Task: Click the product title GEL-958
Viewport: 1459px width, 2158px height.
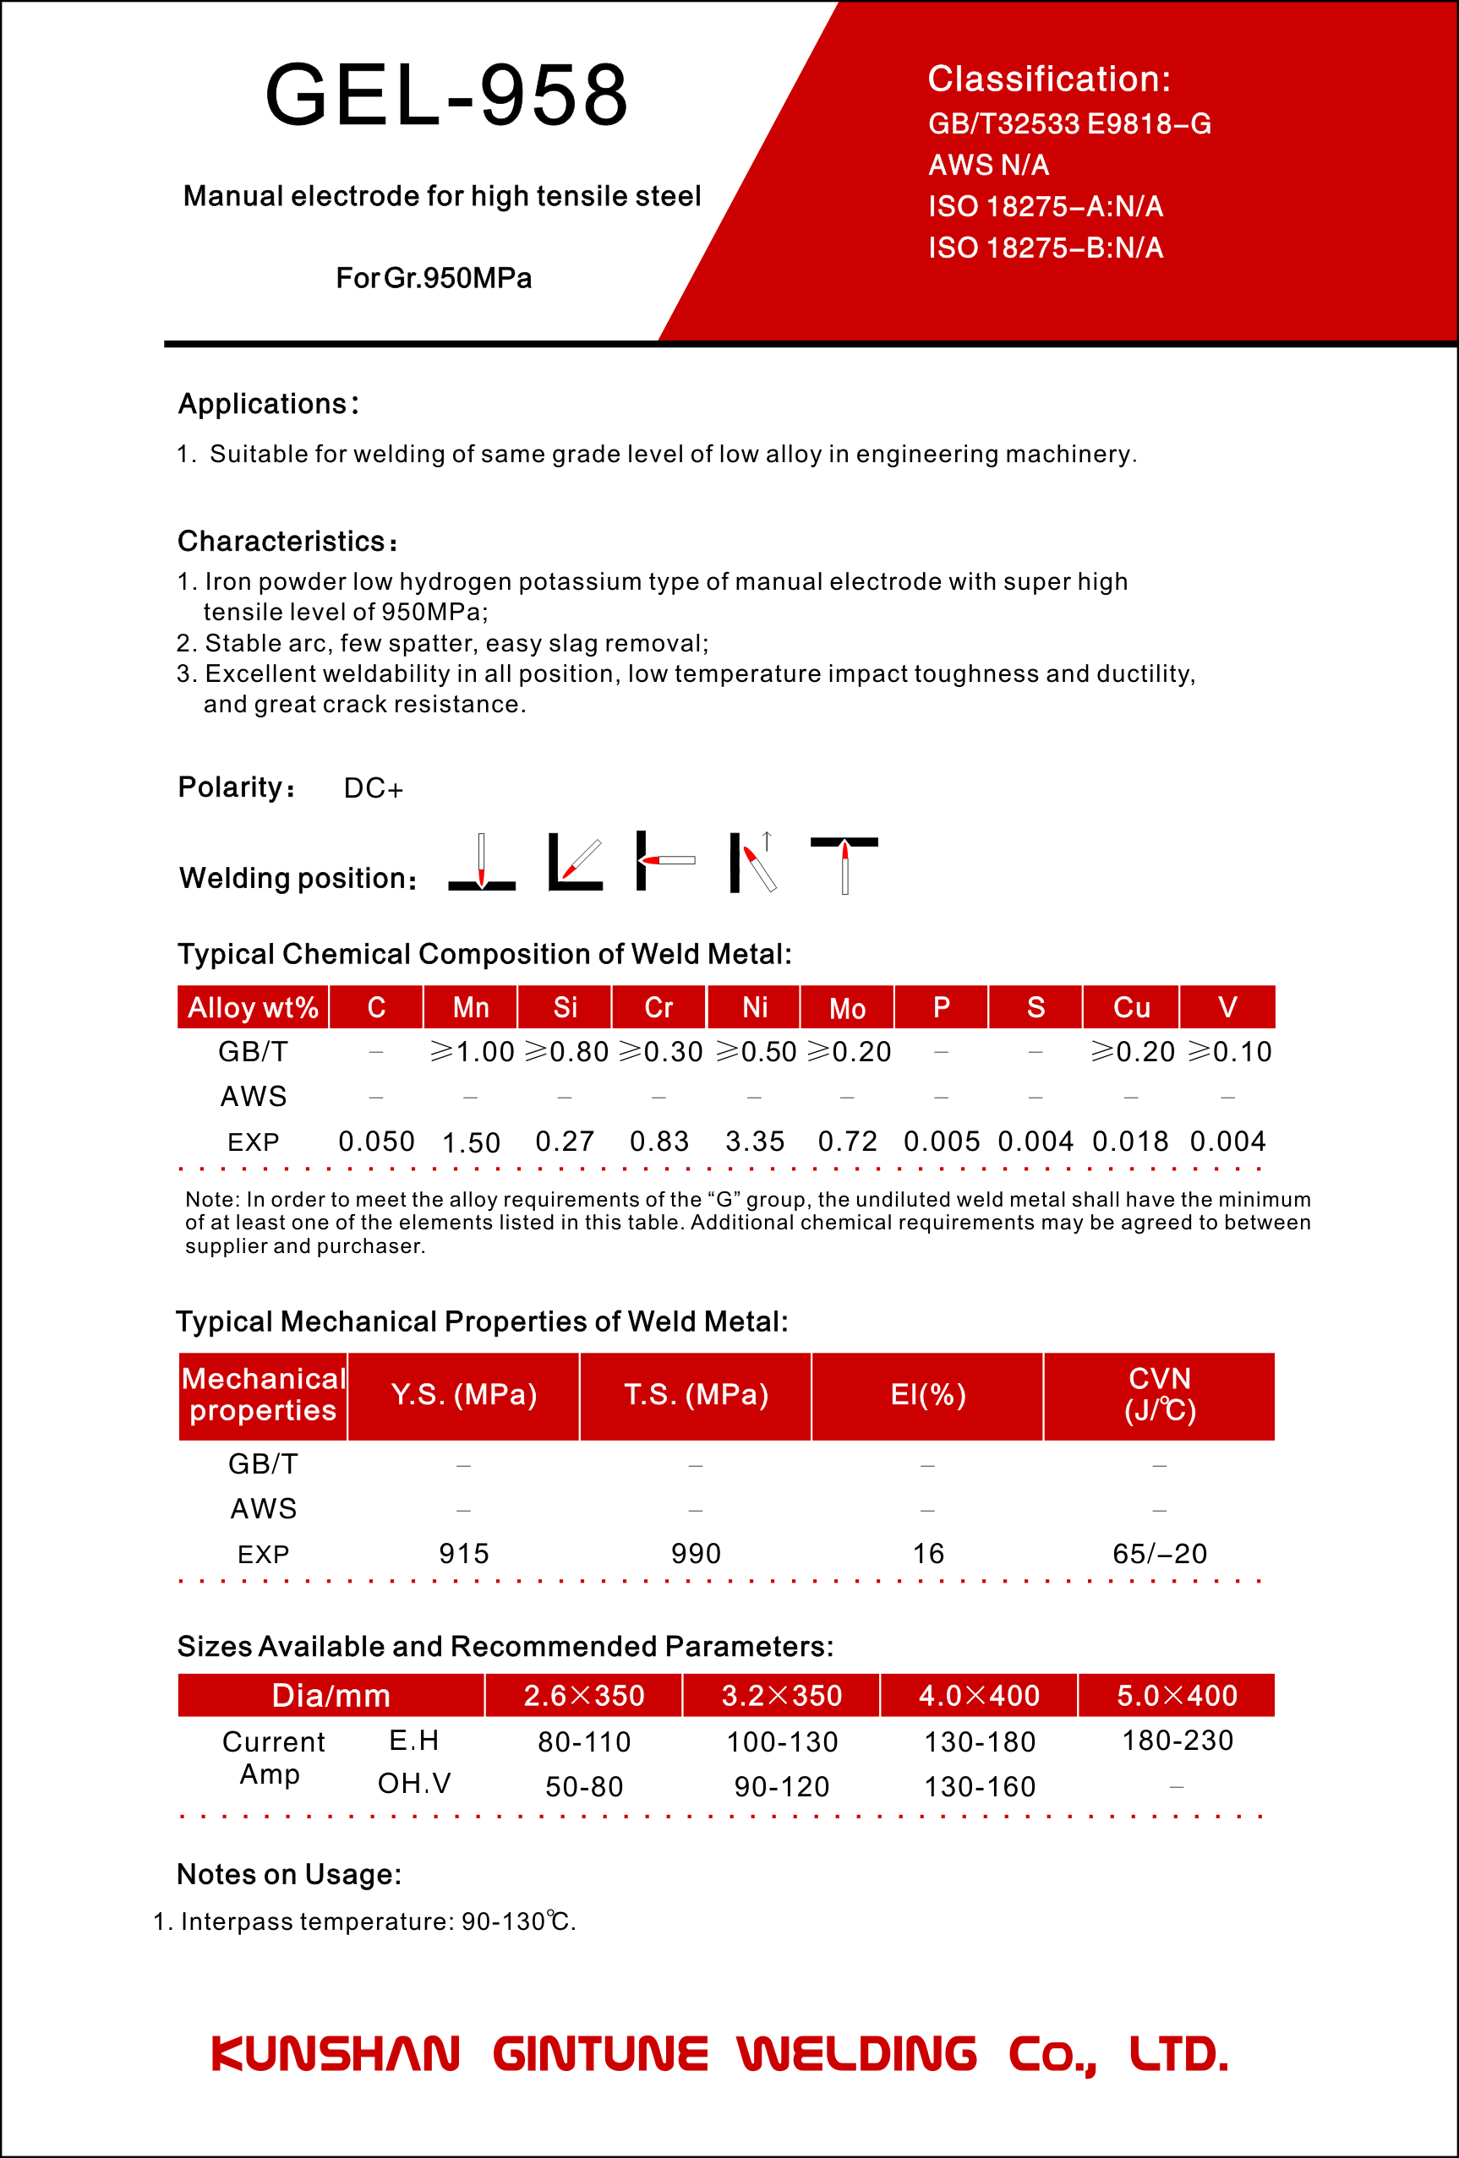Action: [446, 95]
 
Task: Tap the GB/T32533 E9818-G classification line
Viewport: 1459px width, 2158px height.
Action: [1070, 123]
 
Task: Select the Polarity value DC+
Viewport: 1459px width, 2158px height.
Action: [374, 788]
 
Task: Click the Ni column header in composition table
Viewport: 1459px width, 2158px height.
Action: [754, 1007]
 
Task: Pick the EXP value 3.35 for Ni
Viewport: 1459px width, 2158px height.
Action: [755, 1142]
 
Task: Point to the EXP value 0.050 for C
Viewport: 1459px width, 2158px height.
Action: [376, 1142]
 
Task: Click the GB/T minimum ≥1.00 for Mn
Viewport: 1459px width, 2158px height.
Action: [472, 1052]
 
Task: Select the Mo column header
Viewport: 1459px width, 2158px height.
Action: [847, 1007]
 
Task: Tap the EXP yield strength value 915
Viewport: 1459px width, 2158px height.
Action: [463, 1554]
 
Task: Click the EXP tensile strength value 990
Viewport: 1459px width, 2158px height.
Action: [696, 1554]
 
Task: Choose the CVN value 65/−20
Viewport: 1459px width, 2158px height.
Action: [1160, 1554]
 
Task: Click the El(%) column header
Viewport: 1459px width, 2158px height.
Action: [928, 1395]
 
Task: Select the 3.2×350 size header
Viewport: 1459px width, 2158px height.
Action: [781, 1696]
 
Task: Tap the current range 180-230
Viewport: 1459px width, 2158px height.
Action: [1178, 1740]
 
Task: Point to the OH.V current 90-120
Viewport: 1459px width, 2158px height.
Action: [782, 1786]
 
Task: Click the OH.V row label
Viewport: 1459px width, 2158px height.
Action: [414, 1783]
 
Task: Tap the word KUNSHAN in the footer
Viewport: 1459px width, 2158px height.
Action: [336, 2054]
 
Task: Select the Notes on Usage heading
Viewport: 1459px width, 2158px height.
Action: [289, 1874]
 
